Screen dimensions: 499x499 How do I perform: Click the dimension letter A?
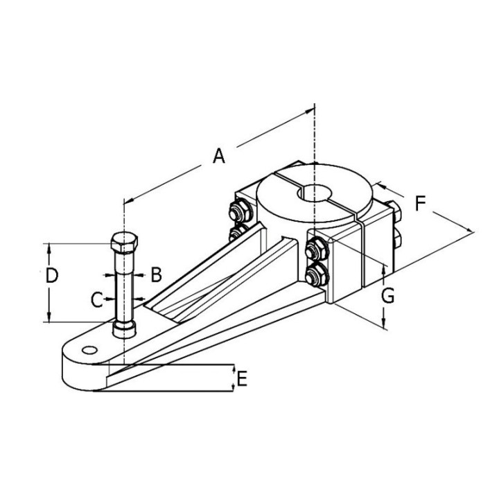[219, 156]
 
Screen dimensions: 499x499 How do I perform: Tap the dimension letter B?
[156, 274]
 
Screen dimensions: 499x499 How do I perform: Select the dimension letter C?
[97, 299]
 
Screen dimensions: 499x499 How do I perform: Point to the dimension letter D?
[51, 275]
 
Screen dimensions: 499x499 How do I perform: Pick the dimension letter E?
[241, 378]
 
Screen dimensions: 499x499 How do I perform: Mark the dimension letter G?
[388, 296]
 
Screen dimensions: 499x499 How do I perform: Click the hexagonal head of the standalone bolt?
[125, 245]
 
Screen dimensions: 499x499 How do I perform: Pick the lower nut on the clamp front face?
[317, 272]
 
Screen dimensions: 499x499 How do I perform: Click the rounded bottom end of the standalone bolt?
[125, 326]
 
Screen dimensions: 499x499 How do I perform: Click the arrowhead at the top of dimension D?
[49, 247]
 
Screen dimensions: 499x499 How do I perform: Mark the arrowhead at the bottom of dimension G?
[384, 325]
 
